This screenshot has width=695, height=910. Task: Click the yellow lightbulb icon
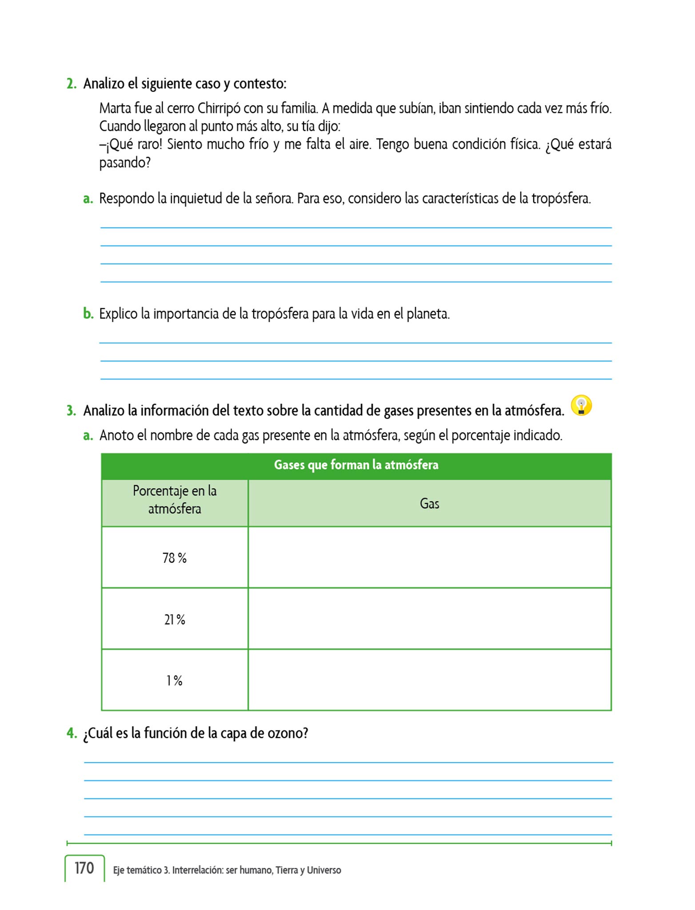(x=581, y=405)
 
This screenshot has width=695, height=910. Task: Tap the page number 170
(x=84, y=868)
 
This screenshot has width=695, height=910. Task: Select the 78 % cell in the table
(x=175, y=558)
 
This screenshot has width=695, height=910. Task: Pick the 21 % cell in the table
(x=175, y=619)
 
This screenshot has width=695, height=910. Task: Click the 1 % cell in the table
(x=175, y=680)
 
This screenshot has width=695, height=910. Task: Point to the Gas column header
(x=429, y=503)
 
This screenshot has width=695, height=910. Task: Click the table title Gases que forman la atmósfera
(x=356, y=465)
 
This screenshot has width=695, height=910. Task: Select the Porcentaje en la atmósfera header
(x=175, y=500)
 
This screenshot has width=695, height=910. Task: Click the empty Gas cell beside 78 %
(x=429, y=558)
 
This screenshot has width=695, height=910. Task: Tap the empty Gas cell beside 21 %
(x=429, y=619)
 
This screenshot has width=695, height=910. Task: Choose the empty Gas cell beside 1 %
(x=429, y=680)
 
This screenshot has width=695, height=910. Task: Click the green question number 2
(x=71, y=84)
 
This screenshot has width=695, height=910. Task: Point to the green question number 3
(x=71, y=411)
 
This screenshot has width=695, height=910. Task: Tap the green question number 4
(x=71, y=733)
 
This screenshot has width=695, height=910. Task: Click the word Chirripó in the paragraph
(x=218, y=108)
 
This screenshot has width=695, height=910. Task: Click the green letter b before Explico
(x=88, y=314)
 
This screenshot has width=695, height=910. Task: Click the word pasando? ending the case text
(x=125, y=163)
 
